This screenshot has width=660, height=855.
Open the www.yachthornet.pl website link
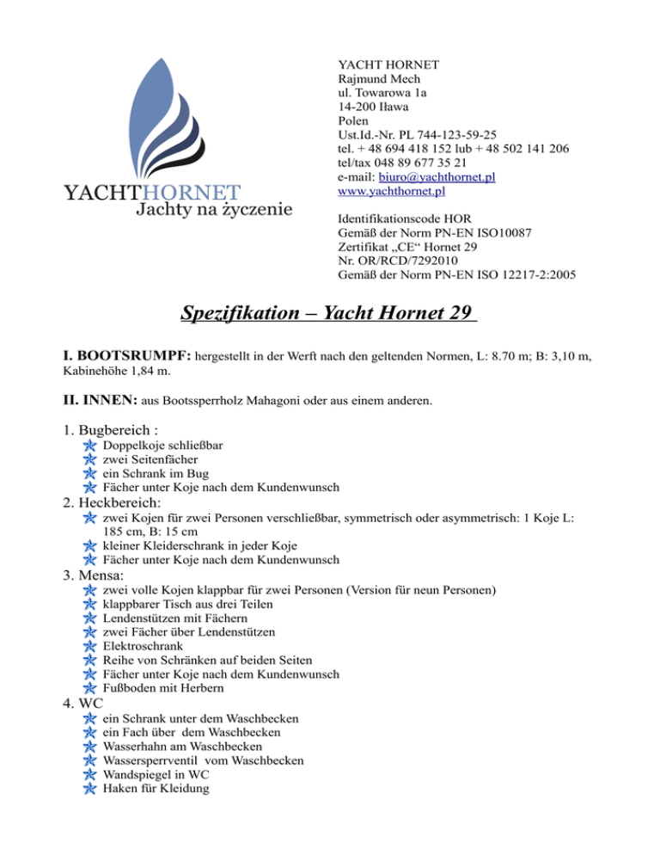tap(392, 191)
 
